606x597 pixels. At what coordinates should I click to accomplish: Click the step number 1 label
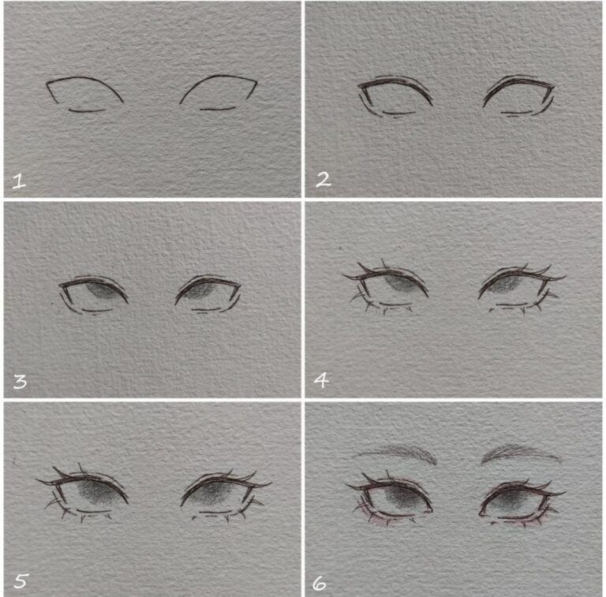[19, 181]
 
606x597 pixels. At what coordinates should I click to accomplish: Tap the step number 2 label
[322, 180]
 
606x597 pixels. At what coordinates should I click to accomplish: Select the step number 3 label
[20, 382]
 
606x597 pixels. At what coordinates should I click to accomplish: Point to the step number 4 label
[321, 381]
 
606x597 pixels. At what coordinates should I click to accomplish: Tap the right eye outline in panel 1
[219, 93]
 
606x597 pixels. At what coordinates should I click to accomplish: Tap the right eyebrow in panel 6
[519, 453]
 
